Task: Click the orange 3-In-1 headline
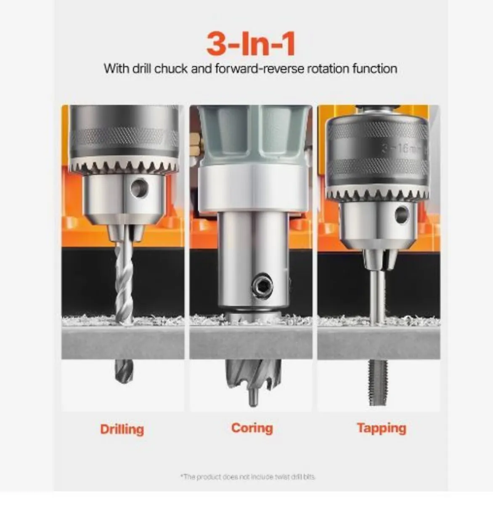tap(251, 44)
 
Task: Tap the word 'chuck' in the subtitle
tap(171, 69)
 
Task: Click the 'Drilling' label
tap(122, 429)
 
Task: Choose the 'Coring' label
tap(252, 428)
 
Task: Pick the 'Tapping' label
tap(382, 428)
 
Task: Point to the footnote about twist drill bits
tap(248, 477)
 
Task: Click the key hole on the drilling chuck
tap(139, 188)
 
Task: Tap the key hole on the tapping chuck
tap(402, 214)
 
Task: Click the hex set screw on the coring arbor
tap(262, 287)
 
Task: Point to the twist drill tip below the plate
tap(123, 371)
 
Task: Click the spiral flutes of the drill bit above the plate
tap(124, 282)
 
